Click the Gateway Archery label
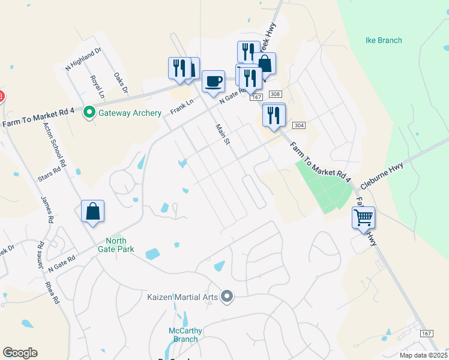130,113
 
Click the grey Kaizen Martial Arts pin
227,296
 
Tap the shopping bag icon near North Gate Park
93,211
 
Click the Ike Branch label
384,41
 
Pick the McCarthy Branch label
185,335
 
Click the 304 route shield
299,125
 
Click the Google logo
20,353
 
